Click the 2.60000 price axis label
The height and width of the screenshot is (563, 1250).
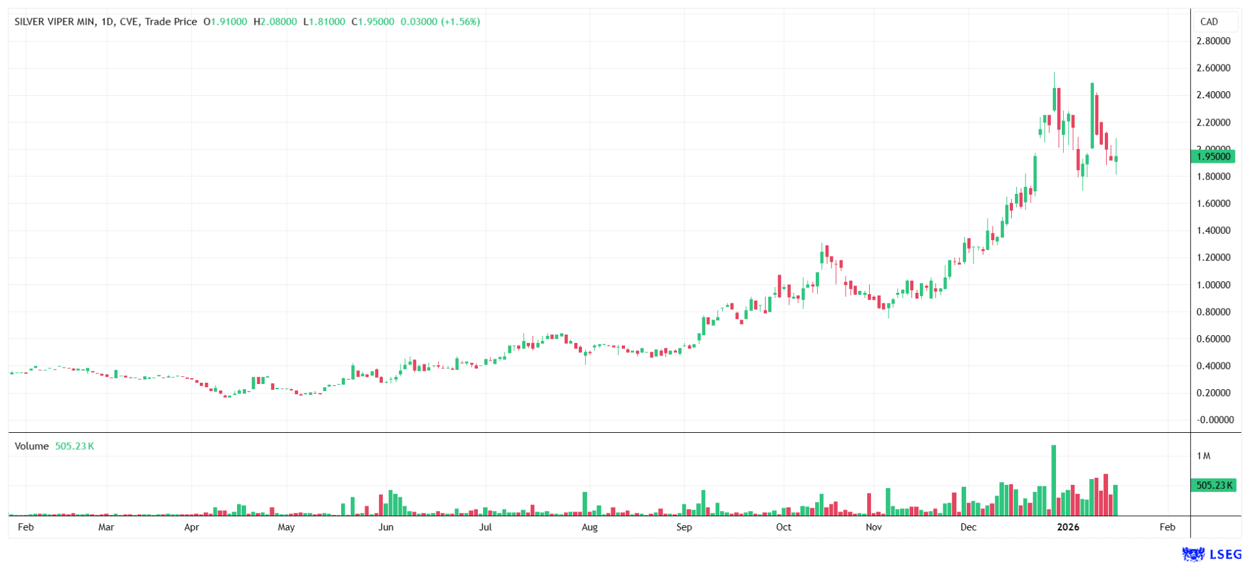[1213, 68]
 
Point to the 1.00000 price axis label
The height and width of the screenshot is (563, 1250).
[1213, 284]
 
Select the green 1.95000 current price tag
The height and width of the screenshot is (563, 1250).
[1213, 156]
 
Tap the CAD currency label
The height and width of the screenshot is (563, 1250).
[1209, 21]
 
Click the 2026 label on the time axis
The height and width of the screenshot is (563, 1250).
[1068, 527]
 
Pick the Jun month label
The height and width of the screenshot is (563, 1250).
[385, 527]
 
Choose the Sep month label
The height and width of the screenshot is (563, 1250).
[684, 527]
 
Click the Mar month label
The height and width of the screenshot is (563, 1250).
[106, 527]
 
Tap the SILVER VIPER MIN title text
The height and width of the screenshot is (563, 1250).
[55, 21]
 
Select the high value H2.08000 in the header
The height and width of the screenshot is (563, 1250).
[275, 21]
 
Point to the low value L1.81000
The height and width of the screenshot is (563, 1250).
[324, 21]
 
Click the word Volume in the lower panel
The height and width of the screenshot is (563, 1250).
[32, 446]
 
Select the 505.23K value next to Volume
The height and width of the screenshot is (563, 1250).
[74, 446]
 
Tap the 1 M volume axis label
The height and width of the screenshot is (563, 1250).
[1203, 456]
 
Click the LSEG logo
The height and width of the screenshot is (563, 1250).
[1212, 554]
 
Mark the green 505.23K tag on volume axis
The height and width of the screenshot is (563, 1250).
[1213, 485]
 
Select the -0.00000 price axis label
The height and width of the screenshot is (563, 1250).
[1214, 420]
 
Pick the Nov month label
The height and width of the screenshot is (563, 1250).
[874, 527]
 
